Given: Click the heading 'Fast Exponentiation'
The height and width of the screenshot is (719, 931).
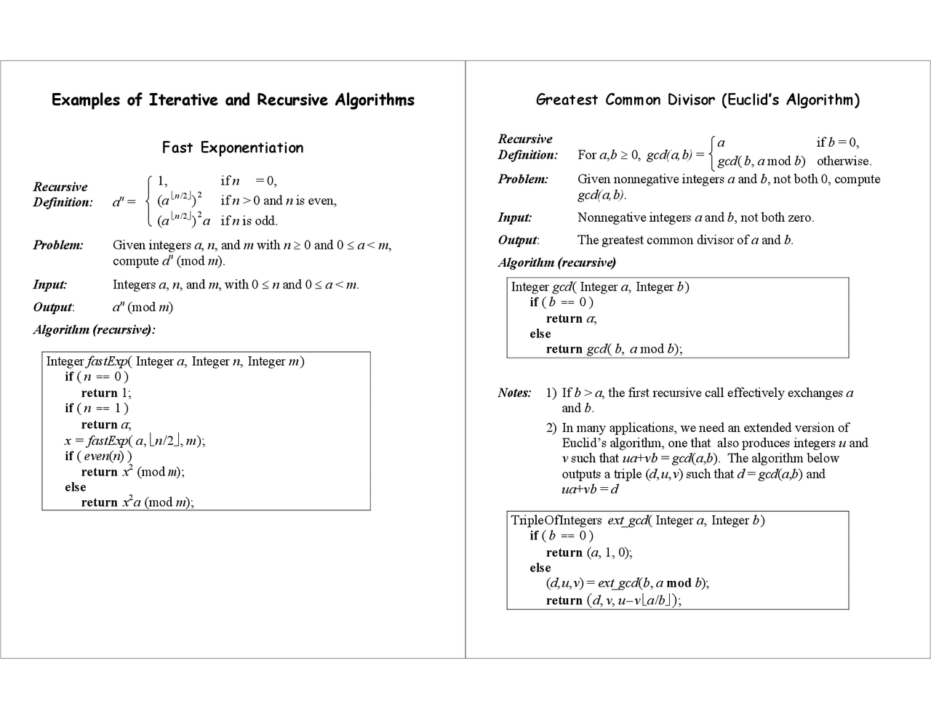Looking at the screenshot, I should click(x=232, y=148).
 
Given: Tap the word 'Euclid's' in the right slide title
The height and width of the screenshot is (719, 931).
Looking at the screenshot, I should click(x=752, y=100).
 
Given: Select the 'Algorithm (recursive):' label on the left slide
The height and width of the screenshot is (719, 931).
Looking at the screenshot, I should click(x=94, y=330).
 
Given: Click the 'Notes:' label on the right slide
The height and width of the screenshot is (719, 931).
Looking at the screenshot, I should click(x=514, y=393).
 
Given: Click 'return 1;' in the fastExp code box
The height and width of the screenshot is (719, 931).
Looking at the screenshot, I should click(x=106, y=393).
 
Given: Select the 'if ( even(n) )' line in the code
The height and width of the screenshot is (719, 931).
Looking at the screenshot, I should click(x=98, y=456).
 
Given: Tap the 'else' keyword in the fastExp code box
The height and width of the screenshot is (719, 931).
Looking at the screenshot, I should click(x=75, y=487).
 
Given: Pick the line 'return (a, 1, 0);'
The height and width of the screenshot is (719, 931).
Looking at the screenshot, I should click(x=589, y=553).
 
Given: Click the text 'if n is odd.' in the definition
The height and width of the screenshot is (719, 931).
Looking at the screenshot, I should click(x=249, y=221).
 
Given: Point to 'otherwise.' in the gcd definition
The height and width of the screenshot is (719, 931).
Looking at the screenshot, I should click(x=844, y=161).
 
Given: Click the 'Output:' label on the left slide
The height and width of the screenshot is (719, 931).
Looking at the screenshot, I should click(x=53, y=308).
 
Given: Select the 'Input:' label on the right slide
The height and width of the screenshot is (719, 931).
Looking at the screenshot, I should click(x=514, y=217).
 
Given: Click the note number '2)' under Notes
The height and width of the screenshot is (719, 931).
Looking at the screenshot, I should click(x=551, y=428).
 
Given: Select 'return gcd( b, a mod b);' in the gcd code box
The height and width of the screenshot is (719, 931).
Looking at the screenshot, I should click(x=614, y=349).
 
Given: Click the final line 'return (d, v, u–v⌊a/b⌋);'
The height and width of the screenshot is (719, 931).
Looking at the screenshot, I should click(x=613, y=600).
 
